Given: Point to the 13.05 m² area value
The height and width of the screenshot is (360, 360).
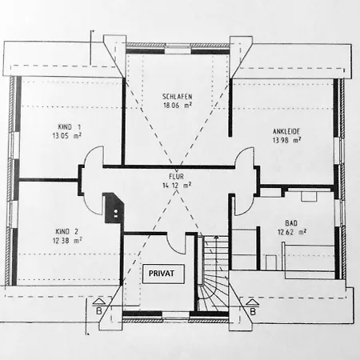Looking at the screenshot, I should [66, 136].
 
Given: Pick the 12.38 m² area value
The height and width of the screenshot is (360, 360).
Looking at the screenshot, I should [66, 238].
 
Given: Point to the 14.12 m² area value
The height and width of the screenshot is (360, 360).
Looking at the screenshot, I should [176, 185].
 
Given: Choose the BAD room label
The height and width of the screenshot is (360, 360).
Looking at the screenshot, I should [291, 224].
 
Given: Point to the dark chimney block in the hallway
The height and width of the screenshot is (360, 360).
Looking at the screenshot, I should [114, 207].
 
